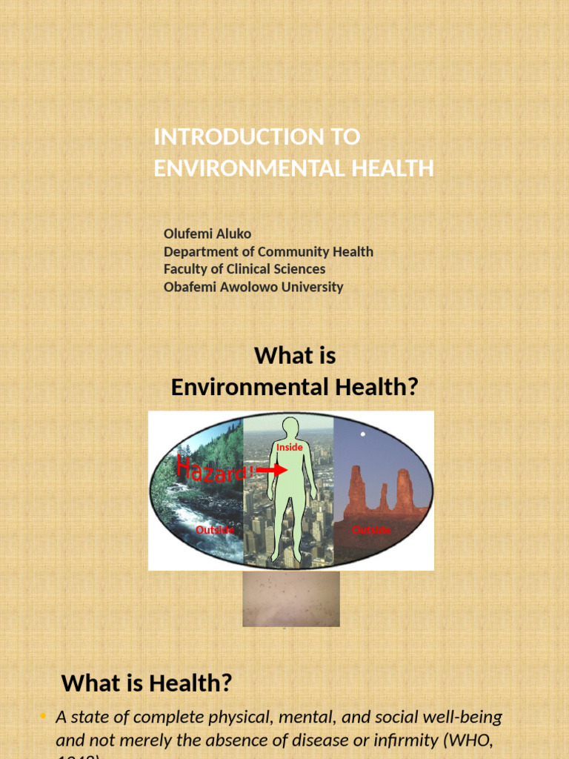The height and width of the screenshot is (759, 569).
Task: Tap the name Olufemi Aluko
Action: point(207,233)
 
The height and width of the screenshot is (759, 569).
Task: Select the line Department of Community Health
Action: point(268,251)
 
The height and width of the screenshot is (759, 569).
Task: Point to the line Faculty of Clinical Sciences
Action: point(244,269)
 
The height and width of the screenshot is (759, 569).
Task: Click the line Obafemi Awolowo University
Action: point(253,287)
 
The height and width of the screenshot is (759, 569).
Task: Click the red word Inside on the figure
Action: point(290,448)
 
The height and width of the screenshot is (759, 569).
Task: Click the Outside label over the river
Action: point(215,530)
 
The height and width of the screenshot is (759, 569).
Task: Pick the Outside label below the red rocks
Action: point(371,530)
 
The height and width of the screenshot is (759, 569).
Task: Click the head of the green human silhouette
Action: point(290,428)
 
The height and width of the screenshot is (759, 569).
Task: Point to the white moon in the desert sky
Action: point(363,434)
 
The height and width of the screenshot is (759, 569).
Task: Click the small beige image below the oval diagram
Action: point(291,599)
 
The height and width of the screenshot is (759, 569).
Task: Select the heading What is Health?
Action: point(147,683)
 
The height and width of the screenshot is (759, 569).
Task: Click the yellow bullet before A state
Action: point(43,716)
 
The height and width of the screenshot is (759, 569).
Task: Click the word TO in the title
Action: point(346,137)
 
